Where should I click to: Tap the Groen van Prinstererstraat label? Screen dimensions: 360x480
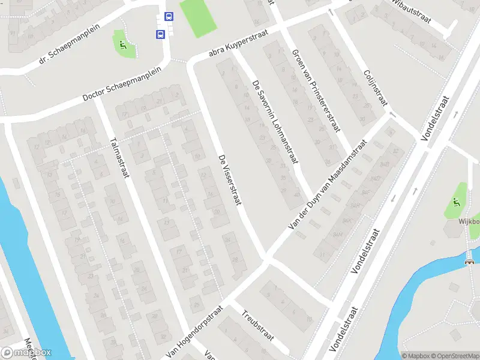point(316,91)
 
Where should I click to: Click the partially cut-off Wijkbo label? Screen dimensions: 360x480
point(469,221)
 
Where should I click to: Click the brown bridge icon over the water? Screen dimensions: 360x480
point(469,261)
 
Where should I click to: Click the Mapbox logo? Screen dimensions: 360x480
point(26,352)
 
